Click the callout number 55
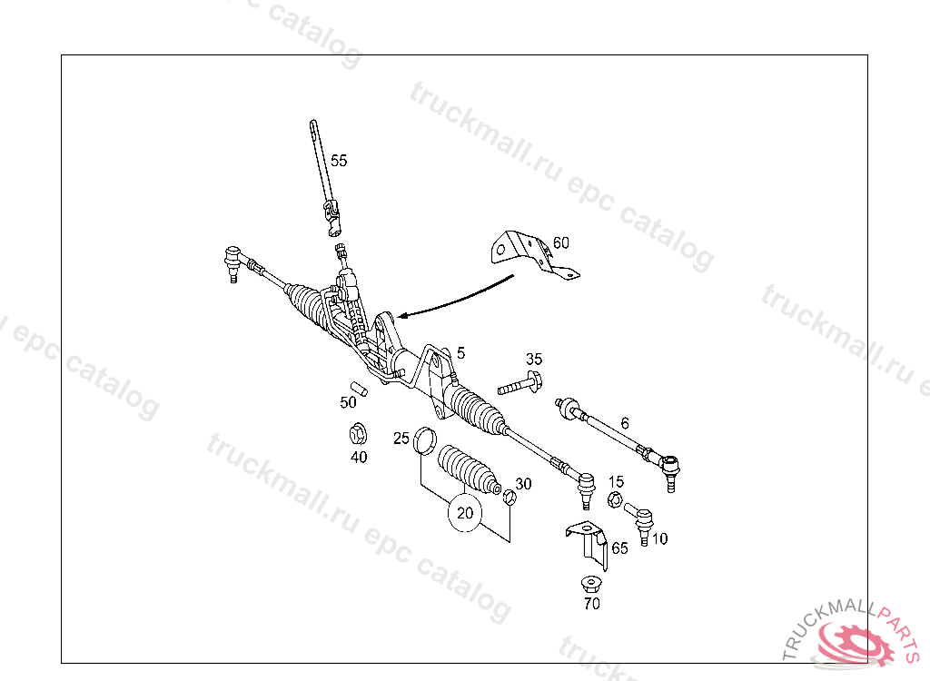pyautogui.click(x=338, y=161)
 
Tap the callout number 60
pyautogui.click(x=560, y=242)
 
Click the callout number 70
pyautogui.click(x=591, y=604)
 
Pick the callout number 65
pyautogui.click(x=619, y=548)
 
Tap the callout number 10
pyautogui.click(x=659, y=538)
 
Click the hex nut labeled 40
pyautogui.click(x=358, y=432)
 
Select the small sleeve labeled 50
pyautogui.click(x=360, y=390)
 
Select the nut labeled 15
pyautogui.click(x=613, y=500)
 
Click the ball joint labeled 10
pyautogui.click(x=643, y=522)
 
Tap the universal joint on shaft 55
pyautogui.click(x=335, y=218)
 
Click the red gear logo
pyautogui.click(x=854, y=645)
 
